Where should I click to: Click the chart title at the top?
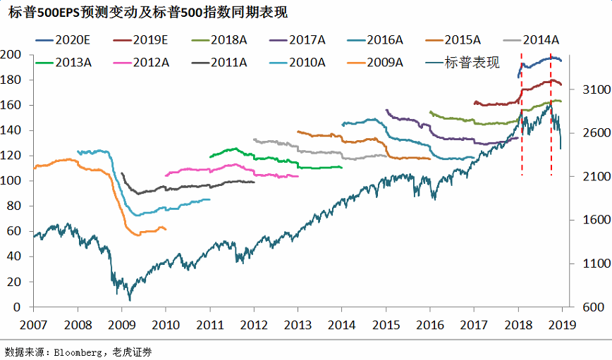(148, 13)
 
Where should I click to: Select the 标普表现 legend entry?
(471, 62)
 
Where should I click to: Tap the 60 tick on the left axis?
(13, 231)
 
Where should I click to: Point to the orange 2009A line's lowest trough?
(137, 234)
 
